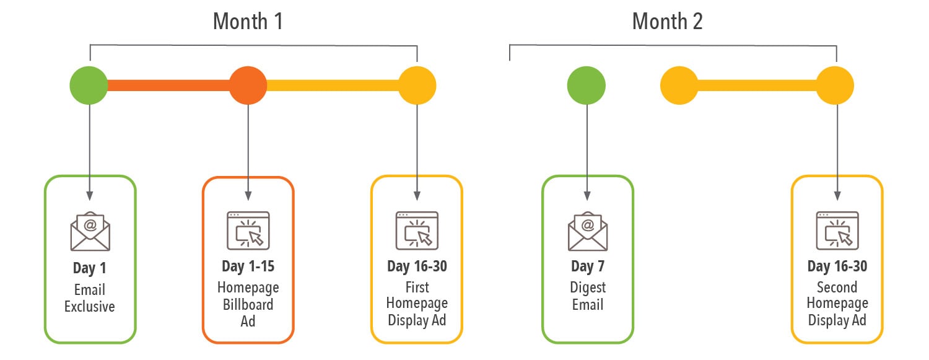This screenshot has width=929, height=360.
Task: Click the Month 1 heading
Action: (x=248, y=22)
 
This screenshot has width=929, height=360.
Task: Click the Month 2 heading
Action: (x=667, y=22)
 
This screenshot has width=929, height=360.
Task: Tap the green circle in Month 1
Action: (x=89, y=85)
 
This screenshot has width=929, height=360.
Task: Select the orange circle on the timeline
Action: (x=248, y=85)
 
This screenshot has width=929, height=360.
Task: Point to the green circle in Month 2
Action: (x=587, y=85)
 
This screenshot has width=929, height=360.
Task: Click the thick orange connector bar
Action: (x=168, y=85)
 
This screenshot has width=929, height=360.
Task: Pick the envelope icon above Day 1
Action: (x=90, y=231)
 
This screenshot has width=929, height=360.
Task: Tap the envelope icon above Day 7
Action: (x=588, y=231)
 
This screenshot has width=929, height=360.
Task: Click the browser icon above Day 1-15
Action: (x=248, y=230)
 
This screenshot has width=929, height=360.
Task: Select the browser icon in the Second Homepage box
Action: (x=837, y=230)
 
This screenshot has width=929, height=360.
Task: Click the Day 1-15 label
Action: (x=248, y=266)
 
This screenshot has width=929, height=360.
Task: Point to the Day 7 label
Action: (x=587, y=266)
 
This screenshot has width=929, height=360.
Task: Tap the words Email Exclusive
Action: (x=90, y=298)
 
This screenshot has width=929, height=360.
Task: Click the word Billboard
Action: (x=248, y=304)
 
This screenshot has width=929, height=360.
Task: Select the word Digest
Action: (x=587, y=288)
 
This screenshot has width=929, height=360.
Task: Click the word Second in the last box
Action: (x=837, y=287)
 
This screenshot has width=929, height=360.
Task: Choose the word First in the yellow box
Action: (x=416, y=287)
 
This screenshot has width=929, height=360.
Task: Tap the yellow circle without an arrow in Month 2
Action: (x=679, y=85)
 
